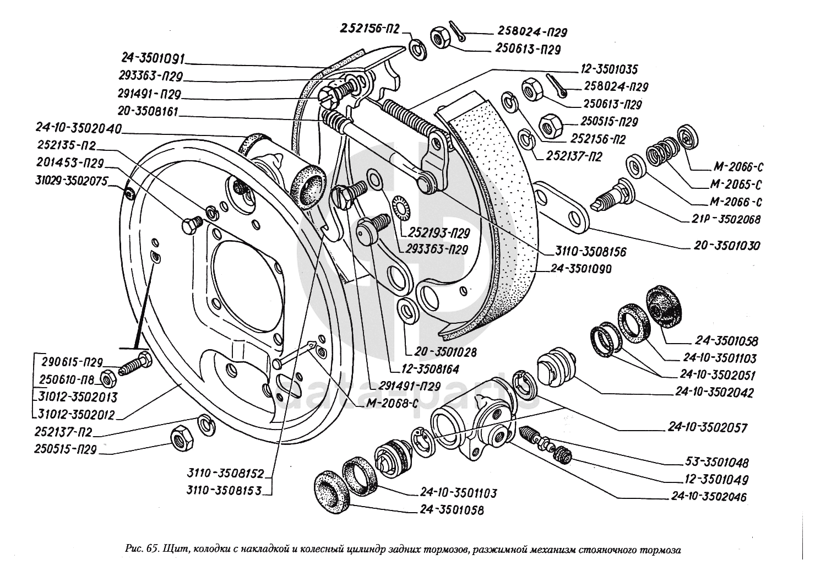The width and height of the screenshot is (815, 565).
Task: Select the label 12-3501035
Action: (608, 69)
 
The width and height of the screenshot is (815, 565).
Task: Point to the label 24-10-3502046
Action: (709, 497)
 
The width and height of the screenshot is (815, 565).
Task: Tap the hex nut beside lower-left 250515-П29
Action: (181, 439)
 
